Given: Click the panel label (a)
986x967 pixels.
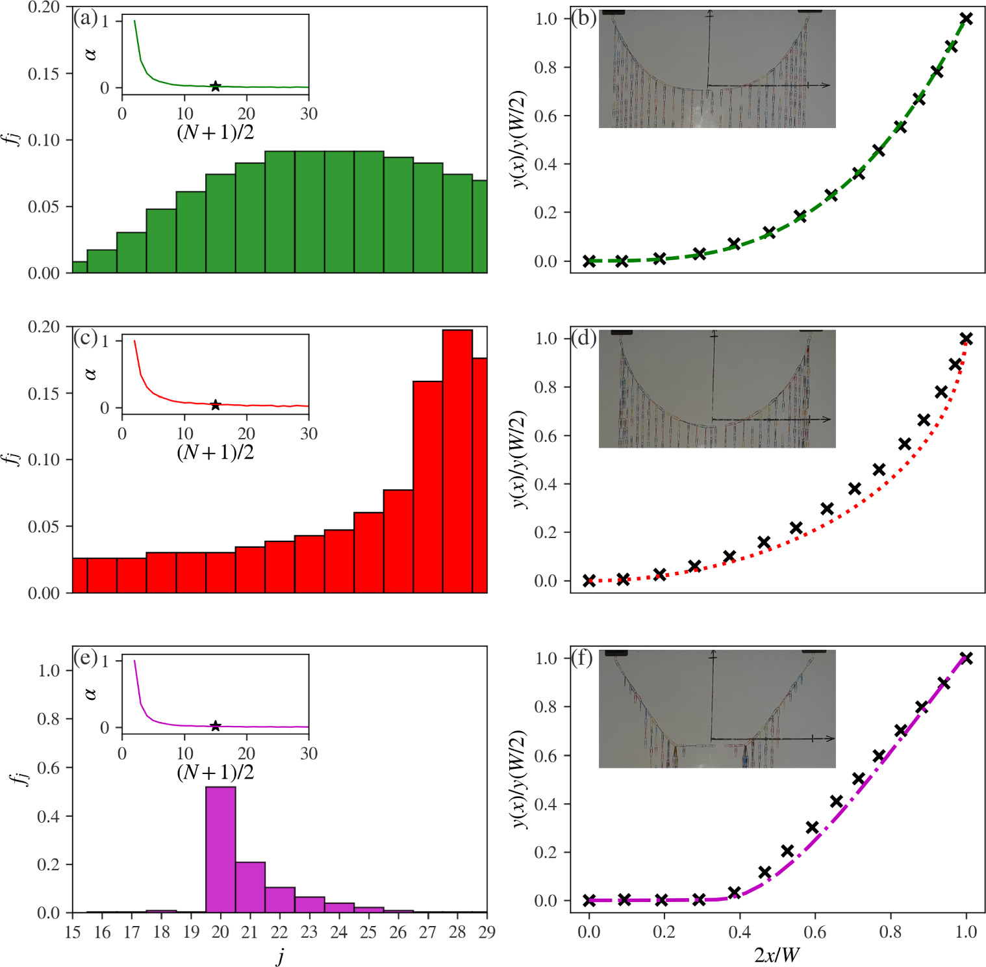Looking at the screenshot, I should [85, 18].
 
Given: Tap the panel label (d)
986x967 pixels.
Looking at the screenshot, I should [583, 338].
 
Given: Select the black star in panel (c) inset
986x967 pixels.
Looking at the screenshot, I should [215, 405].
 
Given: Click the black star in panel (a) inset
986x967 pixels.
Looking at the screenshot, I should [215, 86].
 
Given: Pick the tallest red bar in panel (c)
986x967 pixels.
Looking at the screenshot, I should [457, 461].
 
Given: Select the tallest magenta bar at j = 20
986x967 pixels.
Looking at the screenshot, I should [221, 849].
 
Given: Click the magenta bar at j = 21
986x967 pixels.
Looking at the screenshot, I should [250, 887].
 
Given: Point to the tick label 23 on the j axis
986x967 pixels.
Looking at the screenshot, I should [309, 932].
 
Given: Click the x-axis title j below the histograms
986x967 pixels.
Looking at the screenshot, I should [280, 955].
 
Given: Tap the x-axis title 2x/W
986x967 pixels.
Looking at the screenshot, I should [777, 955].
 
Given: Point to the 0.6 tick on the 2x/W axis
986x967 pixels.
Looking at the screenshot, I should [815, 932].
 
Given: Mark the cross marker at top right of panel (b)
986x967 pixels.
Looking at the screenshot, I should [967, 19].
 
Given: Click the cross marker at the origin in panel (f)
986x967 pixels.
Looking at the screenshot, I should [589, 900].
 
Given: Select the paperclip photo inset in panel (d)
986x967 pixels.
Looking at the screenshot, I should [716, 389].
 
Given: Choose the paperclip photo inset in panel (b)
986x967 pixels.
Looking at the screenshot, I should [716, 69].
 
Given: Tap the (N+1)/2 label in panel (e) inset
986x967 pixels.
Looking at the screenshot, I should [215, 772].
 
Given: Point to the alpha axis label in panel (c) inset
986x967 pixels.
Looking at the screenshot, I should [90, 374].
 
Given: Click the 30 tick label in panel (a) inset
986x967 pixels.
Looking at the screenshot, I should [309, 114].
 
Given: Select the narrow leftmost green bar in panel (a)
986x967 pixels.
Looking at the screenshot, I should [79, 267].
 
